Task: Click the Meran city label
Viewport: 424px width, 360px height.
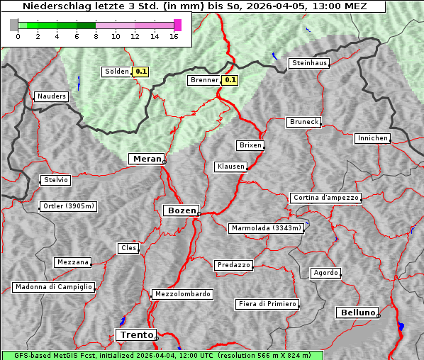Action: click(x=145, y=159)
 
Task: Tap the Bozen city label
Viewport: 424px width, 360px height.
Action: click(x=180, y=210)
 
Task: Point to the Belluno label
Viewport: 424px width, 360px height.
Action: click(x=357, y=312)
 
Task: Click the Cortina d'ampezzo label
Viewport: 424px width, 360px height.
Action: click(x=325, y=198)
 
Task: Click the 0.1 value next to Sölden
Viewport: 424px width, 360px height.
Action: click(x=141, y=72)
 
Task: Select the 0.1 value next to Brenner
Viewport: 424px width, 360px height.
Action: click(x=230, y=81)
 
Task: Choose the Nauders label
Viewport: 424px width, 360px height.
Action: click(x=52, y=96)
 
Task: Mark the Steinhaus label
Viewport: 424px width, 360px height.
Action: click(x=310, y=63)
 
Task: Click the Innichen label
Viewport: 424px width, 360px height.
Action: click(x=372, y=138)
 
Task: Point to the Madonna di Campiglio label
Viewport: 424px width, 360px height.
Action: click(x=53, y=287)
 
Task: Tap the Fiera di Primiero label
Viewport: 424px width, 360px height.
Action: click(x=267, y=304)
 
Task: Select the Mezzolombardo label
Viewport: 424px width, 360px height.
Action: click(x=182, y=293)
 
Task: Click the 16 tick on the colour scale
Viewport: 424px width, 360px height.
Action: click(x=174, y=36)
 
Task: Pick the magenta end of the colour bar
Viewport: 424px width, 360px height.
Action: click(x=177, y=25)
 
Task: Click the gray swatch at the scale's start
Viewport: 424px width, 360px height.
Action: click(x=14, y=25)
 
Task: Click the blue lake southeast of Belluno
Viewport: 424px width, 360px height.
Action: click(x=401, y=327)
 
